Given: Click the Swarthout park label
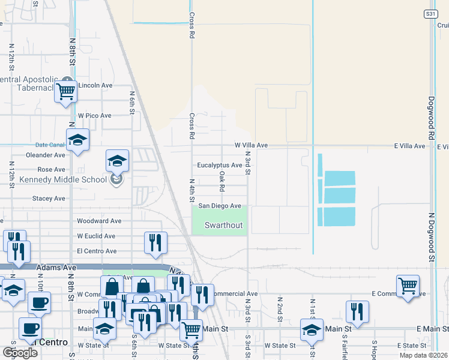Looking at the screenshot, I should [223, 225].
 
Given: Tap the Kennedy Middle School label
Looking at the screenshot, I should [55, 179].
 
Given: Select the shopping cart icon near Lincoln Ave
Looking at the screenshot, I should [65, 92].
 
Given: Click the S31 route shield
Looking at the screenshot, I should [430, 13].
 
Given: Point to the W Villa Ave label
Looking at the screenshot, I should [250, 145].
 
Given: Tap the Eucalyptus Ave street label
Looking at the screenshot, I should [220, 165].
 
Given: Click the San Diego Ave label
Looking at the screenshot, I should [220, 206].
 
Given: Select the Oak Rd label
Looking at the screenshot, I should [222, 177].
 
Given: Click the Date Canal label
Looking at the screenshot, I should [49, 145].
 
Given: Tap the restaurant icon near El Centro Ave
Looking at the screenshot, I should [155, 242].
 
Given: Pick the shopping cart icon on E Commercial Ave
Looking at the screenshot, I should [408, 285].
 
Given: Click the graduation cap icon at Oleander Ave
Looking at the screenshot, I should [117, 160].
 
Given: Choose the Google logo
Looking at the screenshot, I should [21, 353].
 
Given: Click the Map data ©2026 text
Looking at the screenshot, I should [424, 355].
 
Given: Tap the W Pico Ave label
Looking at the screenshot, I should [95, 115].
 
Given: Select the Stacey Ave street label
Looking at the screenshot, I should [49, 198].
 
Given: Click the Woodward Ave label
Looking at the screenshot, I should [99, 221].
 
